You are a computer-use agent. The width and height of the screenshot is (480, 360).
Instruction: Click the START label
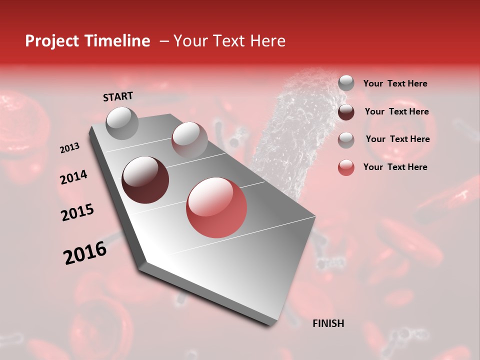point(118,96)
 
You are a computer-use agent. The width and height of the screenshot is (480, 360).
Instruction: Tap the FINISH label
point(328,323)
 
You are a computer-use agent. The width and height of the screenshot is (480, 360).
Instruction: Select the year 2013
point(69,148)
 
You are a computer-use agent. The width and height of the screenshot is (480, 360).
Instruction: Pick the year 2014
point(73,177)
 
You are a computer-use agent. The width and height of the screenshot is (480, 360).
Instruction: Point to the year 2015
point(77,212)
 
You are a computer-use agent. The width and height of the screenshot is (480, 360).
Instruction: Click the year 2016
point(85,252)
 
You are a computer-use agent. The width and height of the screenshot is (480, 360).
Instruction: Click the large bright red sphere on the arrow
point(216,207)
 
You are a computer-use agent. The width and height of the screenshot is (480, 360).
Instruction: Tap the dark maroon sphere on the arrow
point(145,180)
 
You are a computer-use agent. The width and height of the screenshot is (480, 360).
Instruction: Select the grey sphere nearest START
point(122,123)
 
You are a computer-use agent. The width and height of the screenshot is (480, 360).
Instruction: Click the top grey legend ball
point(346,83)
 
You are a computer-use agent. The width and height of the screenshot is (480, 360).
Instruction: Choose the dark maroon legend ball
point(346,112)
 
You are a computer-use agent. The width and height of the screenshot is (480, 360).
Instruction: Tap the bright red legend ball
point(346,167)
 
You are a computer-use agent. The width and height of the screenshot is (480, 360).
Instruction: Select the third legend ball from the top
point(346,140)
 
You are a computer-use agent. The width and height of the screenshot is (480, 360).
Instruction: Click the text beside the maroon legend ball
point(396,111)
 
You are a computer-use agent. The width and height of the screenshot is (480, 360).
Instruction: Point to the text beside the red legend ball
point(395,167)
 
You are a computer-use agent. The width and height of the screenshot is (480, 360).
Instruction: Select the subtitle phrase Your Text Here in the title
point(229,41)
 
